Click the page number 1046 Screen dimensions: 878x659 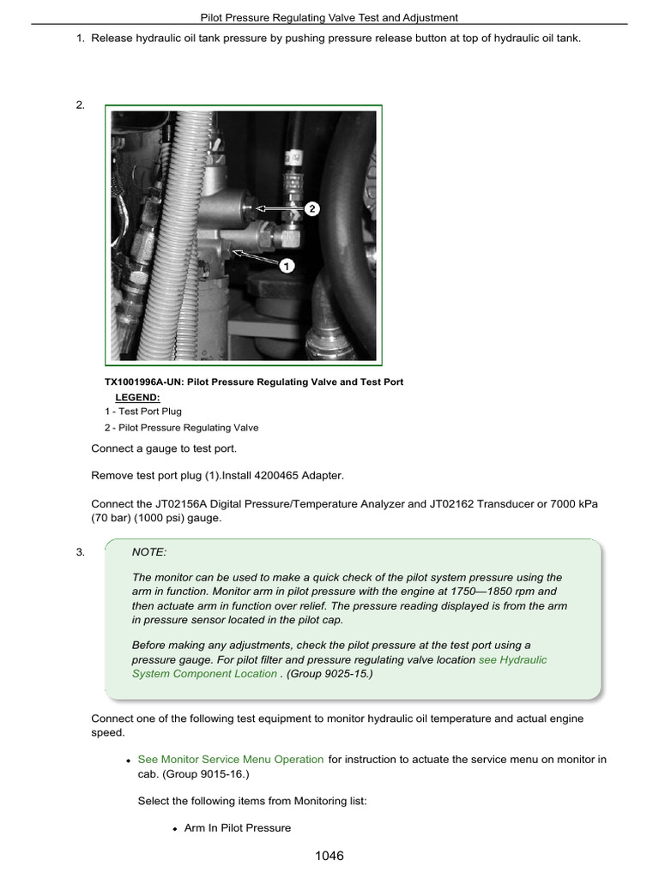(x=329, y=856)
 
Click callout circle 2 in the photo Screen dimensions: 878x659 (x=312, y=208)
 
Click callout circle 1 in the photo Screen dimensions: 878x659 (x=287, y=266)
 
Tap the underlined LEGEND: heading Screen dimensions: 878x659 (x=137, y=397)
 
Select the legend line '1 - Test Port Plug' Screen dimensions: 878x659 (x=143, y=412)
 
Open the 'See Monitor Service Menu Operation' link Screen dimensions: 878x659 (x=230, y=759)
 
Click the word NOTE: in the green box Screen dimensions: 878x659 (x=149, y=553)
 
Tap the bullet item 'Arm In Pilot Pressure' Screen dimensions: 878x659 (x=237, y=827)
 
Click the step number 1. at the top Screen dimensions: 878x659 (x=81, y=38)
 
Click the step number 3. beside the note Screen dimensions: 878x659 (x=81, y=552)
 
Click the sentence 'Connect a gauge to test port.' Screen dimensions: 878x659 (x=163, y=448)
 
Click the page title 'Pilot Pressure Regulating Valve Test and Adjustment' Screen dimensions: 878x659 (x=329, y=16)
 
